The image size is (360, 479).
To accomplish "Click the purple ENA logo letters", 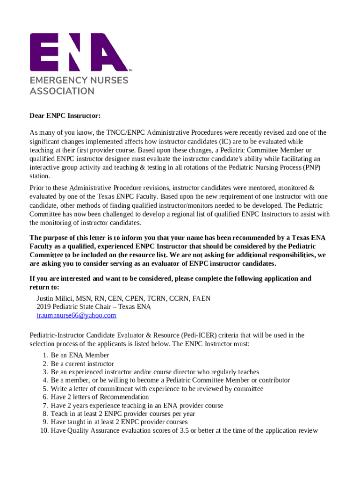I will (79, 52).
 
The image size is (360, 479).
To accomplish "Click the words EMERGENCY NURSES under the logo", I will (79, 80).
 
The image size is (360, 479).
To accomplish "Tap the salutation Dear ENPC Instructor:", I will (65, 116).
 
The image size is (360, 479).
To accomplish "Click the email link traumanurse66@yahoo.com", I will (76, 315).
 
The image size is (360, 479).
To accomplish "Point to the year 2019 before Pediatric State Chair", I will (44, 307).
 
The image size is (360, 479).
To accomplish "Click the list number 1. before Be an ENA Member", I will (45, 355).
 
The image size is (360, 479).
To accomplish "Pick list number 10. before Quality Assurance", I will (44, 431).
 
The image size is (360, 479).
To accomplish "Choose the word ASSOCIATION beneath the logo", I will (62, 91).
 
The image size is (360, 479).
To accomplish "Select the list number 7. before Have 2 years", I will (45, 406).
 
